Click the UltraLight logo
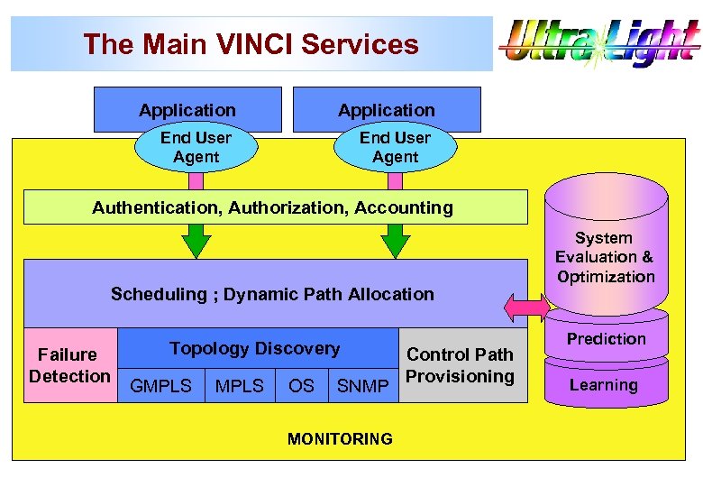click(600, 42)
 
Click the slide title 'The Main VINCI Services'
click(251, 44)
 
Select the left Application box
click(187, 109)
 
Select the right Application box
click(387, 109)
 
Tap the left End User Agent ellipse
click(196, 148)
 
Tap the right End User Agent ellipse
click(395, 148)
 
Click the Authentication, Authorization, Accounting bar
click(273, 207)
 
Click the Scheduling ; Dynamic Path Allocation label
click(272, 294)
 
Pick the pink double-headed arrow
click(526, 308)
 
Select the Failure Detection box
click(69, 365)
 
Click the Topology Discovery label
click(255, 348)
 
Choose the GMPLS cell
click(161, 386)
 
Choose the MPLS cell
click(240, 386)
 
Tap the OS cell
click(301, 386)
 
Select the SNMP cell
click(362, 386)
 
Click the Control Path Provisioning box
click(461, 365)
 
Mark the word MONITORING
click(340, 439)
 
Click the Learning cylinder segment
click(604, 385)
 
